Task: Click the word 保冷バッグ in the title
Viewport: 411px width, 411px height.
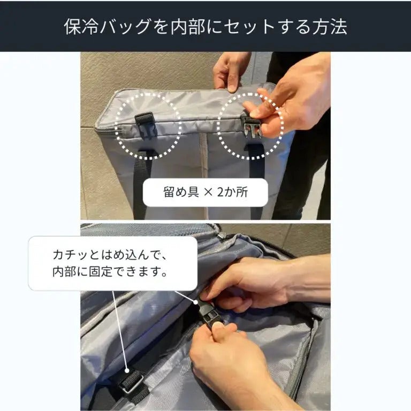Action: tap(108, 26)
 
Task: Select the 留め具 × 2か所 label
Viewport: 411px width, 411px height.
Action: tap(205, 192)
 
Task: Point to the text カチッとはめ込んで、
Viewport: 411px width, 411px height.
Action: tap(110, 255)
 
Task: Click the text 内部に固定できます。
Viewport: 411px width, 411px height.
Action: tap(110, 271)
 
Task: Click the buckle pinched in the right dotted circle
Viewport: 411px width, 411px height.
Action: tap(252, 127)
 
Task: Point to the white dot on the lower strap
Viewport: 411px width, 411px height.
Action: tap(127, 371)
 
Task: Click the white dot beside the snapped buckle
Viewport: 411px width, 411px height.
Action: tap(196, 302)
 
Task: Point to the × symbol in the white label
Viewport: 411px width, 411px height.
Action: tap(208, 193)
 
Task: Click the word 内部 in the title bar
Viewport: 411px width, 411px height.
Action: tap(188, 26)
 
